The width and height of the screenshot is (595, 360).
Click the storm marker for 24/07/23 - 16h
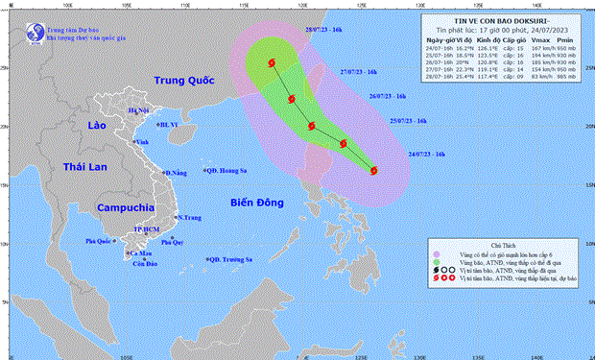(x=373, y=171)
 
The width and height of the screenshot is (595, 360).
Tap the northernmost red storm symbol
(x=272, y=64)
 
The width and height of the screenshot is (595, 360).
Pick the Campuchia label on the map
(x=125, y=206)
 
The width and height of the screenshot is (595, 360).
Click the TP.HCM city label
(x=147, y=230)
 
